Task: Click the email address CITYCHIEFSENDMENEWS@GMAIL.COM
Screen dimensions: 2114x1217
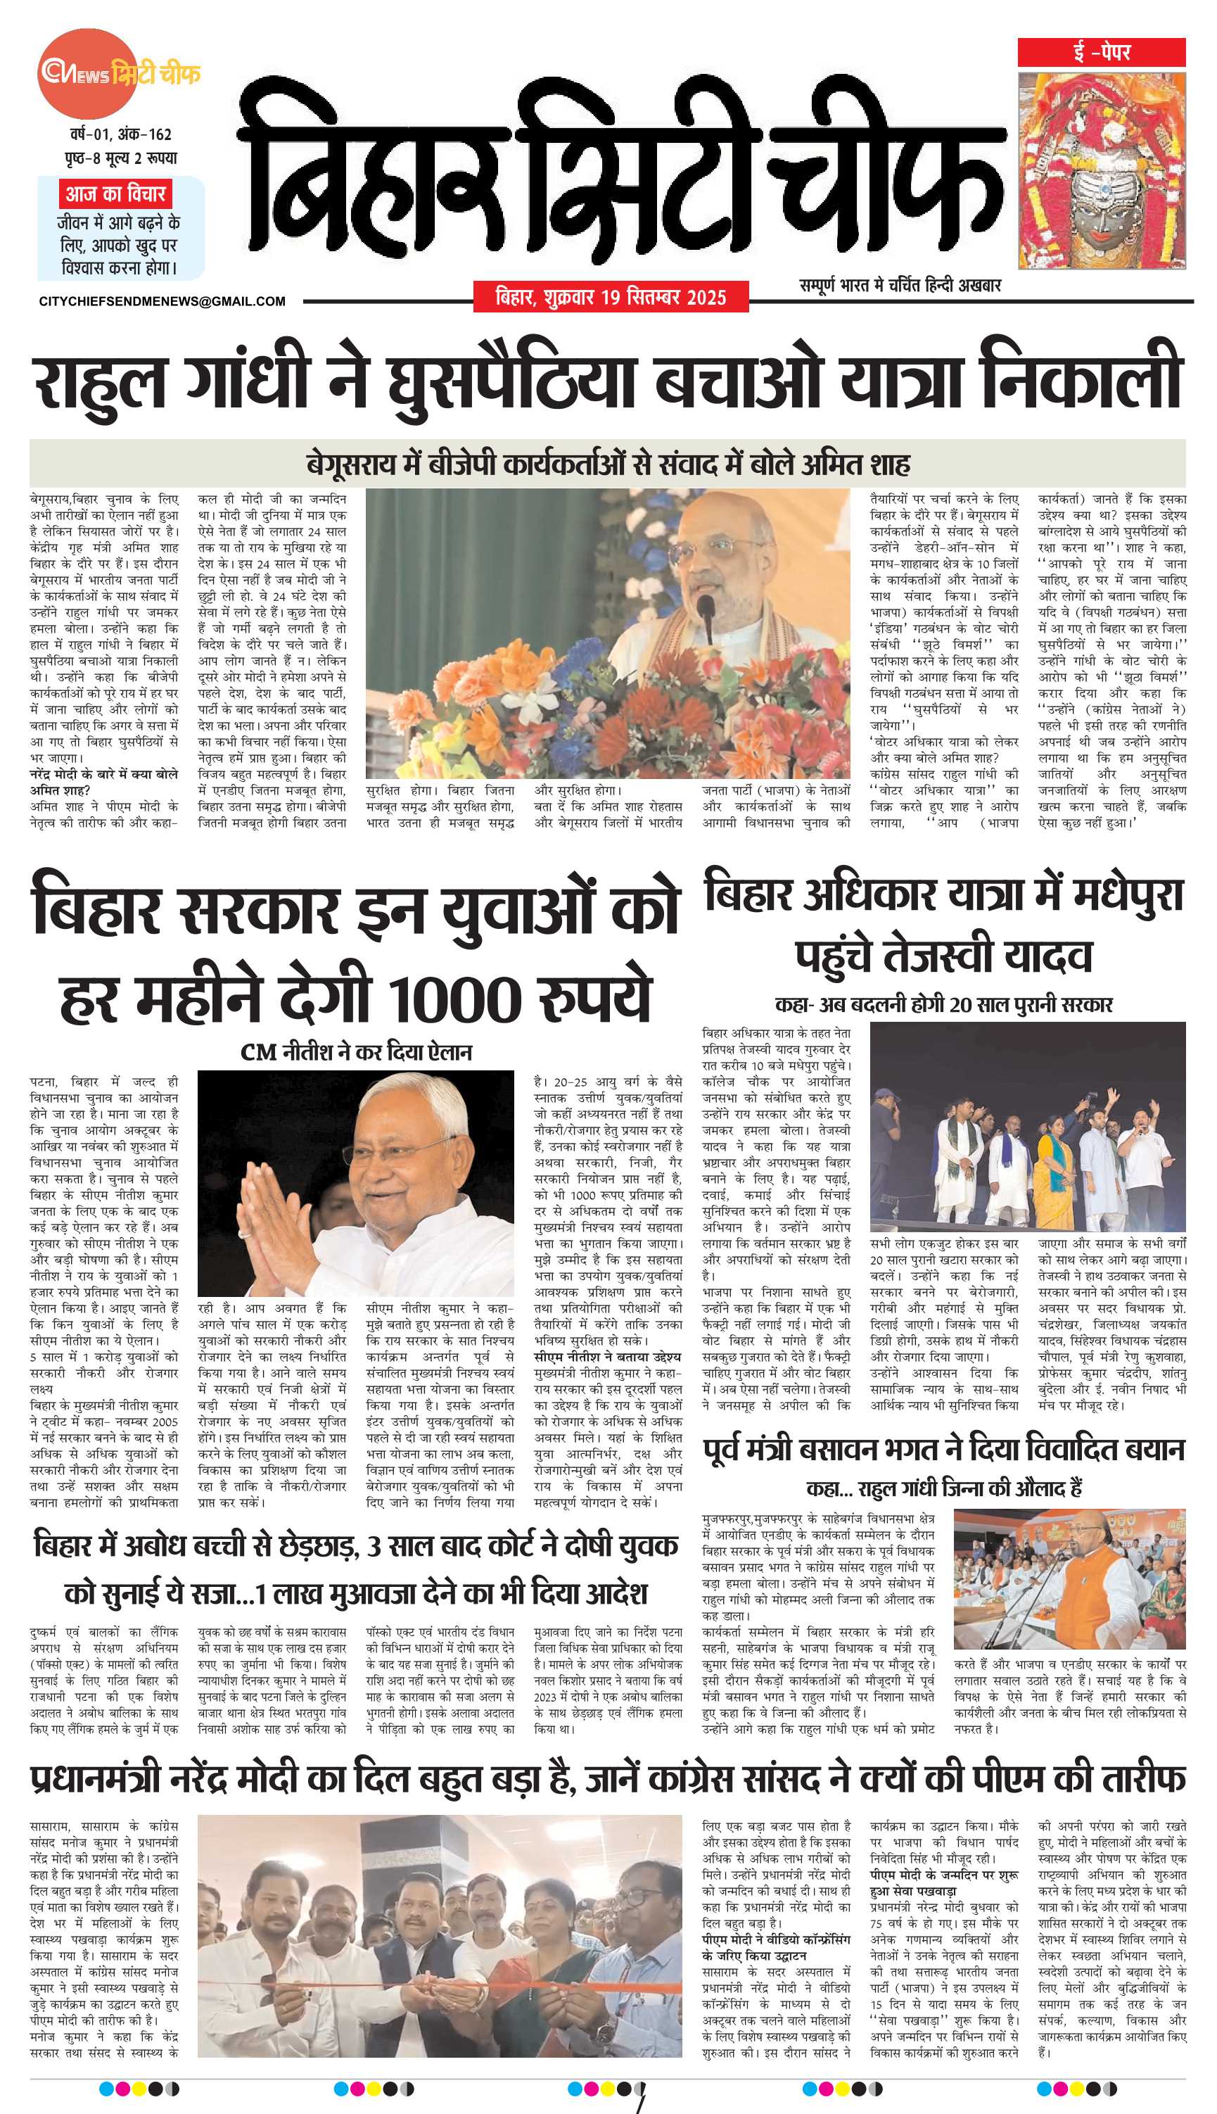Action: (163, 301)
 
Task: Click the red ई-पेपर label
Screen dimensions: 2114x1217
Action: (1101, 53)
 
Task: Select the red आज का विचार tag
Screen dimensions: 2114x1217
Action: (116, 194)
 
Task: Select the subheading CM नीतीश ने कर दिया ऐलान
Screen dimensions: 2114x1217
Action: (356, 1051)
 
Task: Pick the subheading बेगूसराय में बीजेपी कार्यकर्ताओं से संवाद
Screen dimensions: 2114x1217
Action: (608, 463)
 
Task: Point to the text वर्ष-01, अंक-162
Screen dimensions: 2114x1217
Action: (120, 134)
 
